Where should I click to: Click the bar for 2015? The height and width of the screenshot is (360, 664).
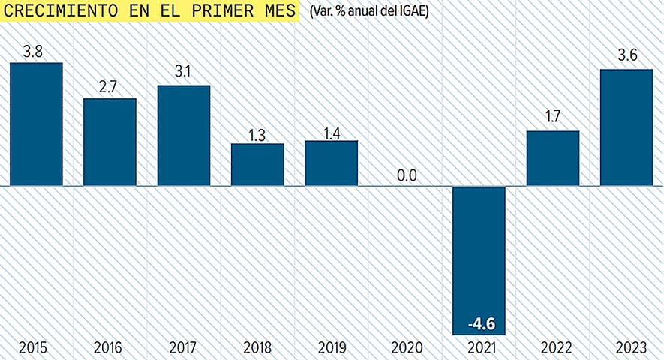coord(36,124)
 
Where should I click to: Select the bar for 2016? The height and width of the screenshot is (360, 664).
coord(110,142)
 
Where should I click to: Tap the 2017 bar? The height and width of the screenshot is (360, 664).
coord(184,135)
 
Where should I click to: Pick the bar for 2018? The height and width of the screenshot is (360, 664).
coord(257,164)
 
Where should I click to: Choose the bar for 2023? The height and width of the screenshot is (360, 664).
coord(627,127)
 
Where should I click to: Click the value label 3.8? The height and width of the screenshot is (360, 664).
coord(32,52)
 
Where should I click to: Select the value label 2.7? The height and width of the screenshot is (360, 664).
coord(108,87)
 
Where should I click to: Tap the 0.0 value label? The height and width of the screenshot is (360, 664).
coord(407,175)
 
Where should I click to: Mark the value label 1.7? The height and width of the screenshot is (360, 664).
coord(554,117)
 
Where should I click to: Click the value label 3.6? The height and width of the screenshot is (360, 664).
coord(628,57)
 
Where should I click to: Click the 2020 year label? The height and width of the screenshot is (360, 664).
coord(407,348)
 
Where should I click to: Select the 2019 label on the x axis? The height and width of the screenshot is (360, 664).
coord(332,348)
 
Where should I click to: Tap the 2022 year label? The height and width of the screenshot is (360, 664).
coord(554,348)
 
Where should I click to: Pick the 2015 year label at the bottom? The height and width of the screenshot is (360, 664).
coord(34,348)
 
